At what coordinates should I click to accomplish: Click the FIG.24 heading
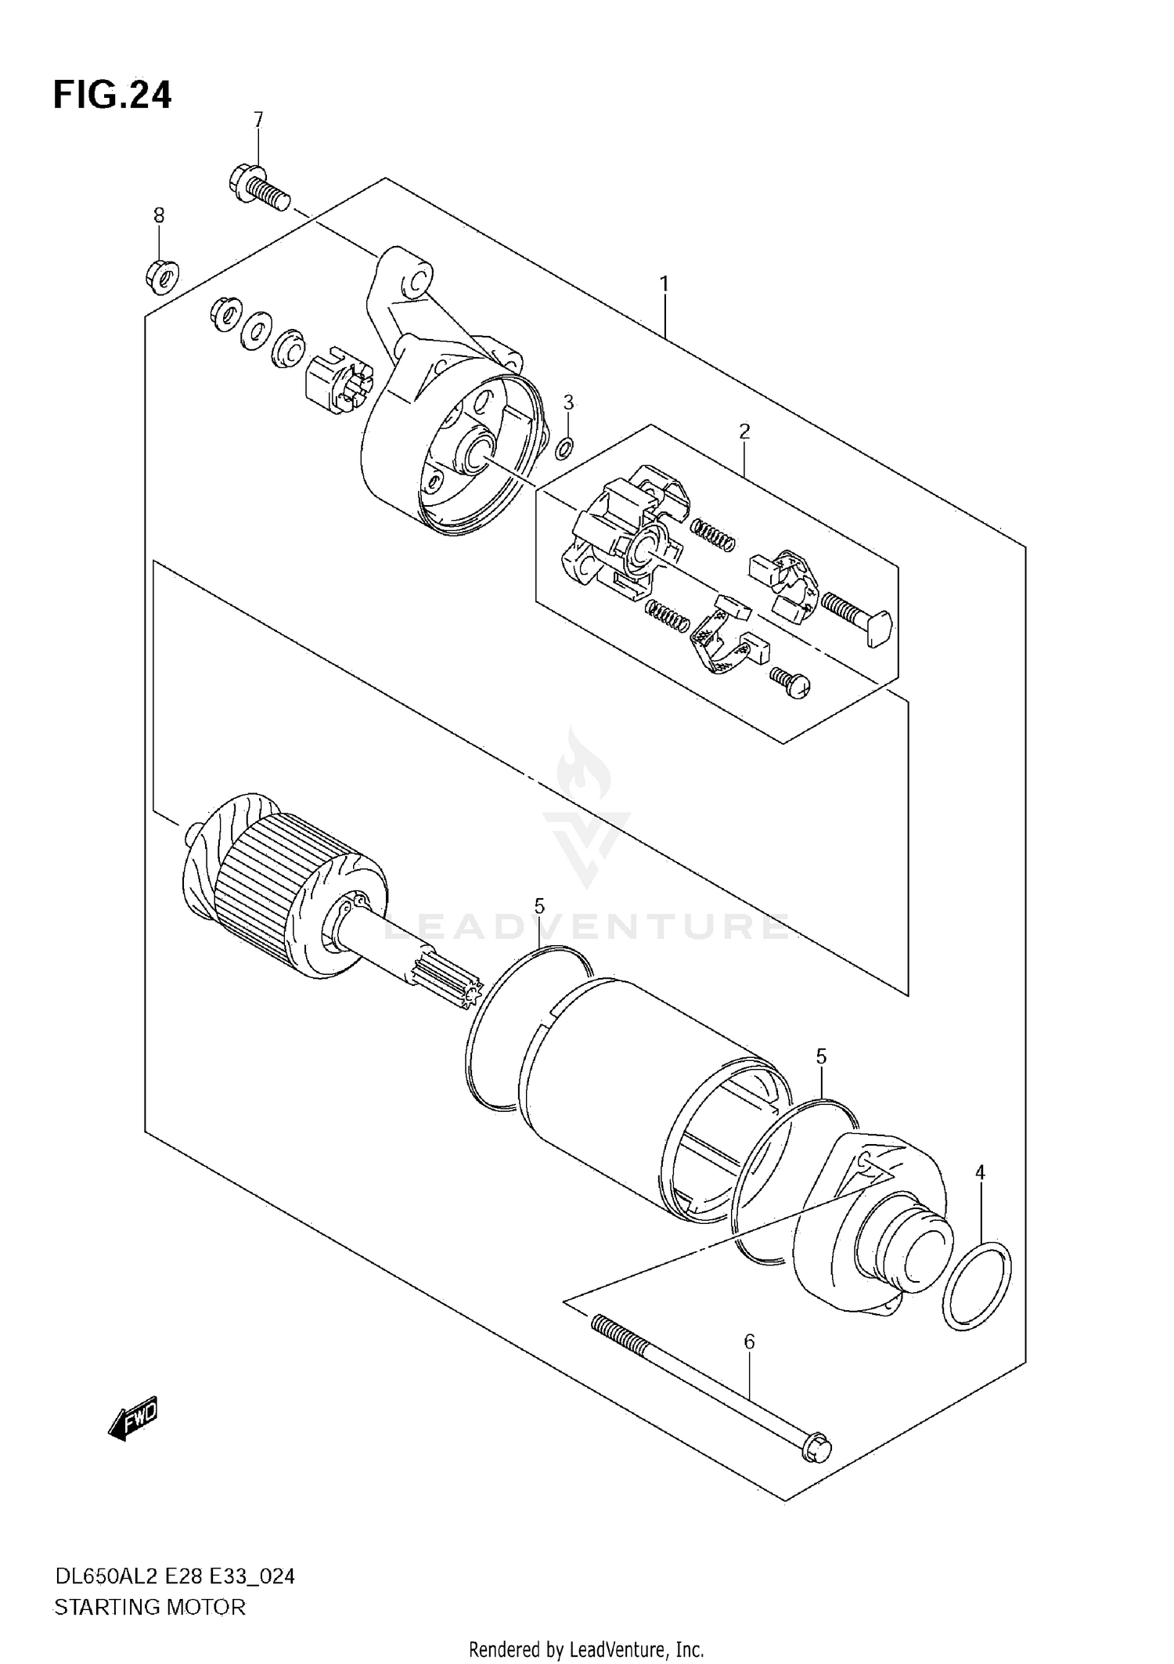pyautogui.click(x=112, y=95)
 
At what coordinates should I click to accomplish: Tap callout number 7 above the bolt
pyautogui.click(x=258, y=120)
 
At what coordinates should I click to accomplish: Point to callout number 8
pyautogui.click(x=159, y=215)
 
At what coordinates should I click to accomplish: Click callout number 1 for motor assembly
pyautogui.click(x=664, y=284)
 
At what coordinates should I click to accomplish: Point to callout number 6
pyautogui.click(x=749, y=1341)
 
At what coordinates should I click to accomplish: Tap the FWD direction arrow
pyautogui.click(x=134, y=1416)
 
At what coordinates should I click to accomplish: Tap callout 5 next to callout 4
pyautogui.click(x=821, y=1056)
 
